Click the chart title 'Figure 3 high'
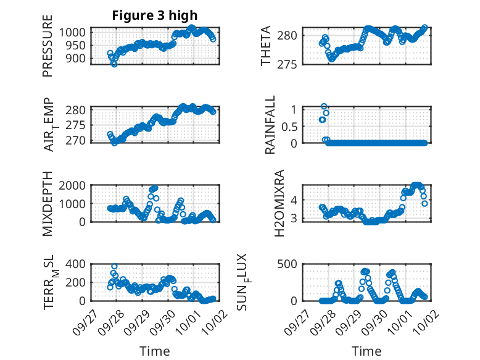pyautogui.click(x=155, y=15)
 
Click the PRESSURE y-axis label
pyautogui.click(x=48, y=51)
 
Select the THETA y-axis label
pyautogui.click(x=266, y=46)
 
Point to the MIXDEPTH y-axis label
pyautogui.click(x=48, y=204)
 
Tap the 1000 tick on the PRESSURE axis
pyautogui.click(x=78, y=32)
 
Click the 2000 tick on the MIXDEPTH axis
pyautogui.click(x=78, y=186)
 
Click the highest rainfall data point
pyautogui.click(x=324, y=107)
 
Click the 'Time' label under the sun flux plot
pyautogui.click(x=366, y=351)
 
